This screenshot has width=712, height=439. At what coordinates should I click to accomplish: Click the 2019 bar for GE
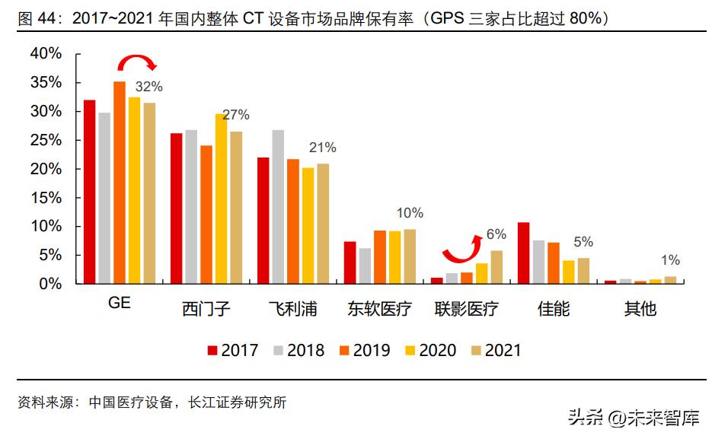coord(120,183)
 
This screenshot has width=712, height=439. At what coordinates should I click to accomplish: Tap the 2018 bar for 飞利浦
coord(278,207)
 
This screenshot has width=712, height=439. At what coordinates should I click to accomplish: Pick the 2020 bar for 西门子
coord(221,199)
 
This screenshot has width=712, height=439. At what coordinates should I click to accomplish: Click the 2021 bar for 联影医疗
coord(496,267)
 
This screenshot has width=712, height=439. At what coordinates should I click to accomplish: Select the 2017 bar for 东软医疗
coord(350,262)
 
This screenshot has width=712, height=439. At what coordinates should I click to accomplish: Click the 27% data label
coord(235,115)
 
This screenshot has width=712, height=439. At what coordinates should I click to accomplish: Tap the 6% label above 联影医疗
coord(496,234)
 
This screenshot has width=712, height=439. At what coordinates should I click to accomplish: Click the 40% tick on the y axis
coord(45,53)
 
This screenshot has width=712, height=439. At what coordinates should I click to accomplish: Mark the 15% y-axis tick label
coord(45,198)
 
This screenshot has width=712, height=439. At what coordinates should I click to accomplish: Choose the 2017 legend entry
coord(233,351)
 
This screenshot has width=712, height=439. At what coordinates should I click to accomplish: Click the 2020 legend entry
coord(430,351)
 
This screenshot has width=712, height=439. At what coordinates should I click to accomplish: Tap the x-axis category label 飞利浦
coord(292,309)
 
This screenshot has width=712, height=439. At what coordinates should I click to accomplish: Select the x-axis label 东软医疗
coord(379,309)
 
